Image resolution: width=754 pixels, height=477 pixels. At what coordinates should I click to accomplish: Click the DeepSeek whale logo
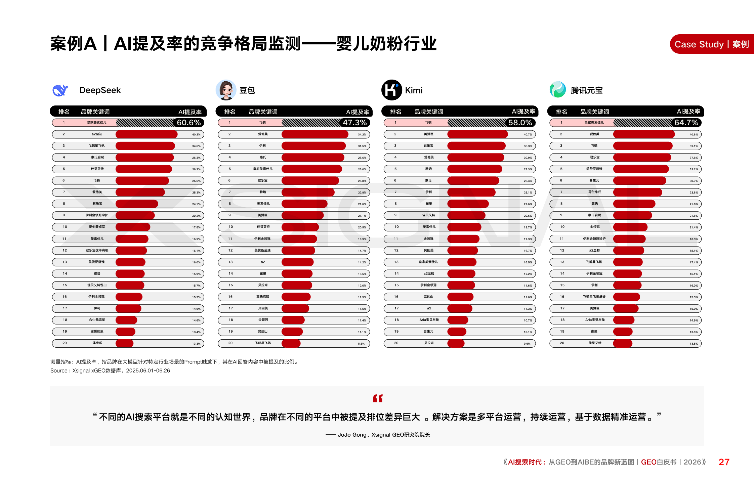click(60, 90)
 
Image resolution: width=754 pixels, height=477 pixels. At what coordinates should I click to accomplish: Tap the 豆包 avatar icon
click(226, 90)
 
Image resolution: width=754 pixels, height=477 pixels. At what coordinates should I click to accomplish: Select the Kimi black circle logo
click(391, 90)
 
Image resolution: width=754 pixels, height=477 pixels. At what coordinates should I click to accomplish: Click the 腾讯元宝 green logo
click(557, 90)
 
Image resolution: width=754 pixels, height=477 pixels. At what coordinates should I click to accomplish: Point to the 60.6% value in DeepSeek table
click(188, 123)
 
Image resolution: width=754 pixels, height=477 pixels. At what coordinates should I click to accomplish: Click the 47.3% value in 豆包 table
click(354, 123)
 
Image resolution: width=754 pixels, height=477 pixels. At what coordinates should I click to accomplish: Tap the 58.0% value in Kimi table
click(520, 123)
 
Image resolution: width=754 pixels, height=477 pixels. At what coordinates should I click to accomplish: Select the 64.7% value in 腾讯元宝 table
click(686, 123)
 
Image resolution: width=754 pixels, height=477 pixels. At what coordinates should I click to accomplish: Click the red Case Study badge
click(712, 44)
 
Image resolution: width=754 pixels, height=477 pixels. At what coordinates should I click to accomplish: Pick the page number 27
click(724, 462)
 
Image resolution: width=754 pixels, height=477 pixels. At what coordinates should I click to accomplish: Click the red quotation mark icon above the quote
click(378, 398)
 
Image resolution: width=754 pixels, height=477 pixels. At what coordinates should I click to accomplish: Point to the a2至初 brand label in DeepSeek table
click(97, 134)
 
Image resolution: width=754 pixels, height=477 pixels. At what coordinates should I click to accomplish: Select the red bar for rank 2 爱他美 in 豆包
click(315, 134)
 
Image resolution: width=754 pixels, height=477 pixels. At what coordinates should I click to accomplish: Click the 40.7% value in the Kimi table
click(528, 135)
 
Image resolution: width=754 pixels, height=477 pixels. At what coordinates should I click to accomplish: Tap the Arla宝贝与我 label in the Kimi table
click(429, 320)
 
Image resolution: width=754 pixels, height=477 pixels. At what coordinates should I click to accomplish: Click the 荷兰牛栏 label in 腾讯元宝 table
click(594, 192)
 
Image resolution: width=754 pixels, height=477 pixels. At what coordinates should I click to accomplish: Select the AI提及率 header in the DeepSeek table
click(190, 112)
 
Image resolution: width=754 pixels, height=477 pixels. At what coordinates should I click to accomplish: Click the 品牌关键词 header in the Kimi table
click(429, 112)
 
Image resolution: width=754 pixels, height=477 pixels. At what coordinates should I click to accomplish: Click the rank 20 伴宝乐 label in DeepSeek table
click(97, 343)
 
